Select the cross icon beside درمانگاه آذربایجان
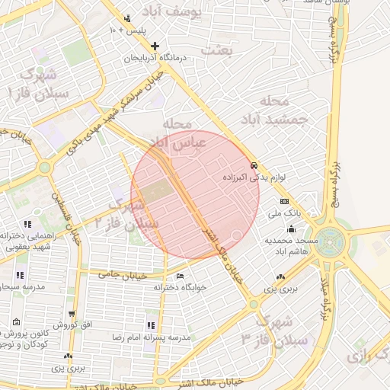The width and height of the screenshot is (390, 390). (155, 46)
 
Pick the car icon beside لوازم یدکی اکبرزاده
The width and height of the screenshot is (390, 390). (254, 165)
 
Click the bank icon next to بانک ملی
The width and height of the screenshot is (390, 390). (284, 201)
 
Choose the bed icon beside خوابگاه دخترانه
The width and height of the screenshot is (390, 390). (180, 276)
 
